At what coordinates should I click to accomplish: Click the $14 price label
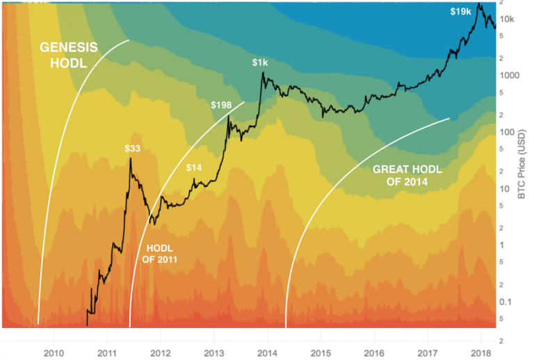pos(195,167)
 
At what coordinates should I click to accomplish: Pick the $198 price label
pos(222,105)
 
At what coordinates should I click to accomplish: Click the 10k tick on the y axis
pos(508,18)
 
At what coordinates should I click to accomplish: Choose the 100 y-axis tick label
pos(508,132)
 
